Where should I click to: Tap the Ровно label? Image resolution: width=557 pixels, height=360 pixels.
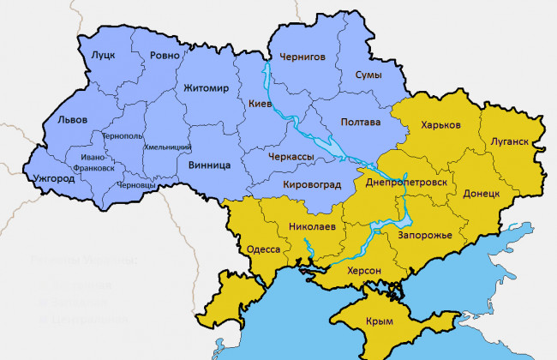[165, 56]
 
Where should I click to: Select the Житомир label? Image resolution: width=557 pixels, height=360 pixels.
[206, 87]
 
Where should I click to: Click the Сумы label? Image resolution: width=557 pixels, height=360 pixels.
[368, 75]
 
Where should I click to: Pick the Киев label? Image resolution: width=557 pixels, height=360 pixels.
[260, 104]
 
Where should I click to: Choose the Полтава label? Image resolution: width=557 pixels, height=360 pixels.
[360, 122]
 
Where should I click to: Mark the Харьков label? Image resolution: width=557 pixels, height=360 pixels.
[440, 125]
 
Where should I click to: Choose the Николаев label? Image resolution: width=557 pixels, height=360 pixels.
[313, 227]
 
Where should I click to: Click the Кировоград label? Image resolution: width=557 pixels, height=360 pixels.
[311, 184]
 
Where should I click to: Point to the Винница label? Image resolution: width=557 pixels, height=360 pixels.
[207, 164]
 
